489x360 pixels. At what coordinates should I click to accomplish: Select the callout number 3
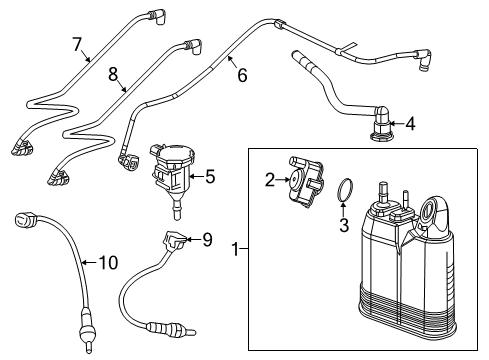coord(343,226)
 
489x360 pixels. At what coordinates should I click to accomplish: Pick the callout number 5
coord(209,177)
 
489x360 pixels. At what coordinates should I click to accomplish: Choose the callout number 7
coord(76,43)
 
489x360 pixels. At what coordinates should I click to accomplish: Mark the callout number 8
coord(114,73)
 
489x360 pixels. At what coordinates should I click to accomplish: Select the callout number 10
coord(107,264)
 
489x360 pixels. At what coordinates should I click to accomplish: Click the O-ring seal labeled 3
coord(343,189)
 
